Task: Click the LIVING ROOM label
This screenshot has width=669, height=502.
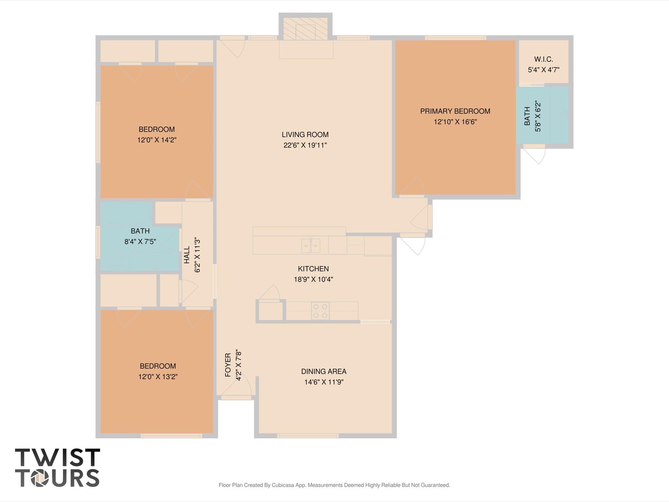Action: point(305,134)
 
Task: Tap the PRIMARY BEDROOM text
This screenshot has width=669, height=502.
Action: point(455,111)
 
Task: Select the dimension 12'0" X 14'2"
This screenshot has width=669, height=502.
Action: point(157,140)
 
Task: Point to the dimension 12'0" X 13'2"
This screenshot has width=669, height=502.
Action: point(158,376)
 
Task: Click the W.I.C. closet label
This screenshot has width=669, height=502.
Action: point(544,59)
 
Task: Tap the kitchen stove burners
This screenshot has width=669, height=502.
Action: point(320,311)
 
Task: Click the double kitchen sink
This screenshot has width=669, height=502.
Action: point(310,246)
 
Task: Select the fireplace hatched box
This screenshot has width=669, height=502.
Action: point(305,29)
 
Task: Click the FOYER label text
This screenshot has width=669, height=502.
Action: point(228,365)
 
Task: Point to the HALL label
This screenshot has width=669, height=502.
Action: point(187,255)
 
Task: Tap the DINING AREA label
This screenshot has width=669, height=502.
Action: point(324,371)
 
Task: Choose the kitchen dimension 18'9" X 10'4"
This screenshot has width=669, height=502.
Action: point(313,279)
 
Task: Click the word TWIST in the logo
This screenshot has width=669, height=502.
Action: point(57,458)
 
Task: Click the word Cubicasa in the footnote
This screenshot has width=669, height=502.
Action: point(283,485)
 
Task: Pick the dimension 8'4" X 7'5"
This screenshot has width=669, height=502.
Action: point(140,242)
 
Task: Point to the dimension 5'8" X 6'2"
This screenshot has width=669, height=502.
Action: point(538,117)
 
